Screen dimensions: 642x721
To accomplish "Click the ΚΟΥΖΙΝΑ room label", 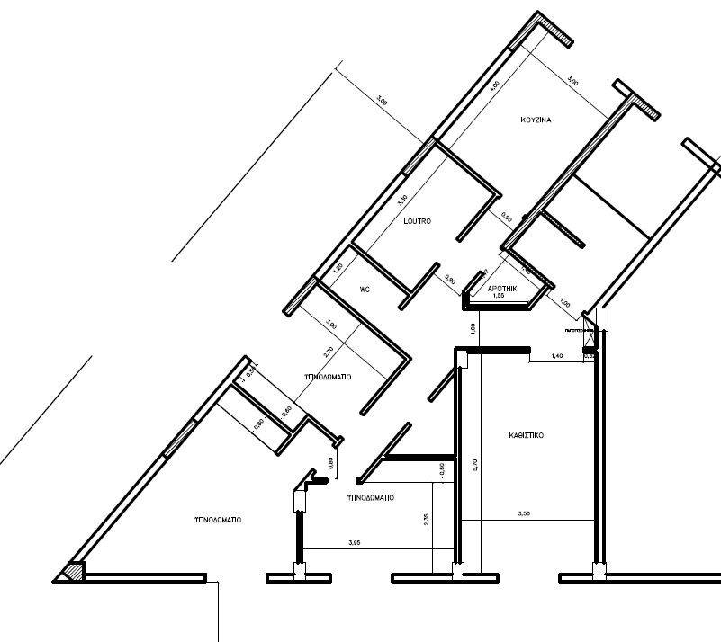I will (536, 120).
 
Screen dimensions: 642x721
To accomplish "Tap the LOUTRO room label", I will (417, 221).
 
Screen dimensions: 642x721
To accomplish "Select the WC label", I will (365, 290).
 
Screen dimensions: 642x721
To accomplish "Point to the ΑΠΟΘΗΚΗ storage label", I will (501, 289).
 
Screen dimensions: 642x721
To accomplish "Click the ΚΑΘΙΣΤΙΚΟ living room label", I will (525, 435).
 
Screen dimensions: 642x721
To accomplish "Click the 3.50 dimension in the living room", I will (524, 513).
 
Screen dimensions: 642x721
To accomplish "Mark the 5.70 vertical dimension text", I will (475, 465).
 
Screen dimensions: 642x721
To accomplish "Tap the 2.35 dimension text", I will (427, 519).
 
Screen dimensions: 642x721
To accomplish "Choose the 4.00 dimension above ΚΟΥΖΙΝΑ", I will (493, 87).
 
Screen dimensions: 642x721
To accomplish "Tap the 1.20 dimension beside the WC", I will (338, 267).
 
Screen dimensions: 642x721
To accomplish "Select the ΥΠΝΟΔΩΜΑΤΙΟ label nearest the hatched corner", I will (218, 519).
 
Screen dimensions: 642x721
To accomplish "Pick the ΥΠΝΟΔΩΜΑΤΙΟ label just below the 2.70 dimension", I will (327, 376).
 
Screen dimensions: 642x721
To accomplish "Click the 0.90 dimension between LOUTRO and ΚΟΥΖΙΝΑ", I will (507, 218).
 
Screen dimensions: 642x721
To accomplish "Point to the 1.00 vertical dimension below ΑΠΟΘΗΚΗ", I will (473, 329).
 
